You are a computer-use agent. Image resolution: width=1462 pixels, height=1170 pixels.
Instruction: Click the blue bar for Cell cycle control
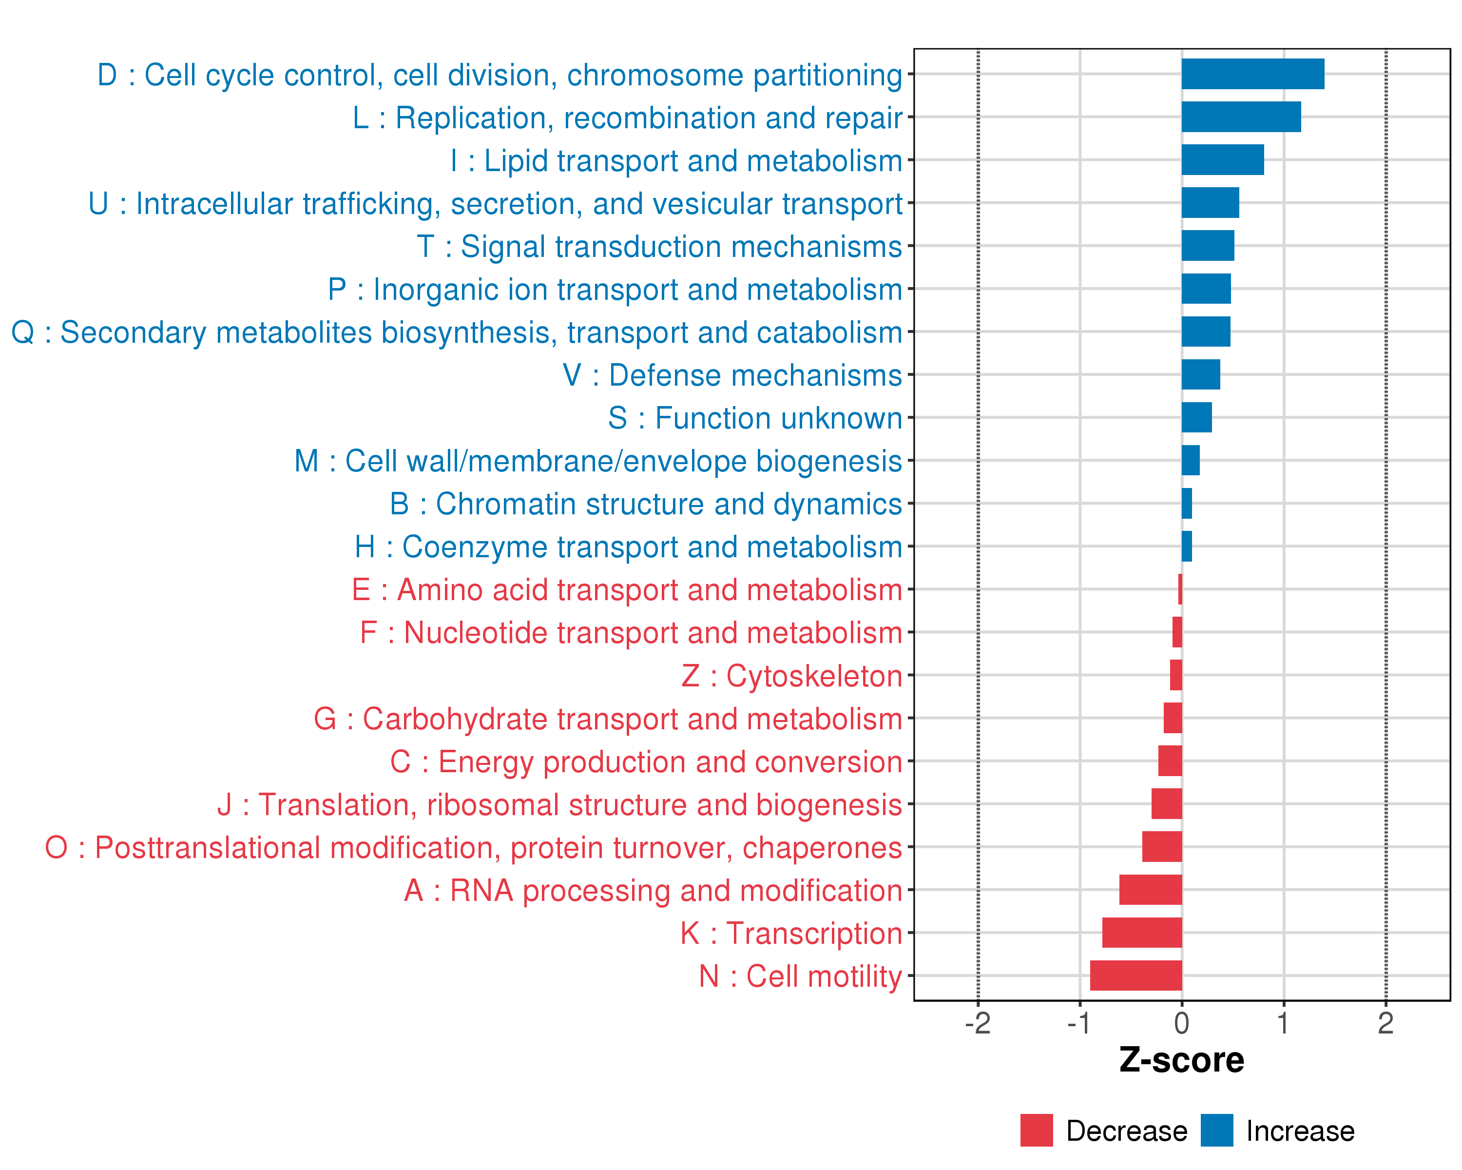(x=1252, y=74)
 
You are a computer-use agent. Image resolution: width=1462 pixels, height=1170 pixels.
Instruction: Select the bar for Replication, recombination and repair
(x=1241, y=117)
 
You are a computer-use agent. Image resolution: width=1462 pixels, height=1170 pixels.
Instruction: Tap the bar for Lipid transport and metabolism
(x=1223, y=160)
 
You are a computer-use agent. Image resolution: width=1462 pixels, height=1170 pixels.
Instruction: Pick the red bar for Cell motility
(x=1136, y=975)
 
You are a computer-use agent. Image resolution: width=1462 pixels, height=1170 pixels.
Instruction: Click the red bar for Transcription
(x=1142, y=933)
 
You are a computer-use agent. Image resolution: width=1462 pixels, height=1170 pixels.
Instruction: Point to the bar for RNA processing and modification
(x=1151, y=890)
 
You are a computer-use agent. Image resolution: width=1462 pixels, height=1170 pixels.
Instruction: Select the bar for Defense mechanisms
(x=1201, y=374)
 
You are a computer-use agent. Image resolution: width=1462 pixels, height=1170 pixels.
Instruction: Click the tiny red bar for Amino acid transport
(x=1180, y=589)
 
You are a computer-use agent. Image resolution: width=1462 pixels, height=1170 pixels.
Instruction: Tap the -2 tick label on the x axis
(x=978, y=1023)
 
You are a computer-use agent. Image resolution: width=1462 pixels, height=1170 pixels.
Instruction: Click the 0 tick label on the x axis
(x=1182, y=1023)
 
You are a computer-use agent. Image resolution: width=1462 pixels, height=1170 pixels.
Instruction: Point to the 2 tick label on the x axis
(x=1385, y=1023)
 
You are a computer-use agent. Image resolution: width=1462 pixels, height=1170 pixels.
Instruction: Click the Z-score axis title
(x=1182, y=1061)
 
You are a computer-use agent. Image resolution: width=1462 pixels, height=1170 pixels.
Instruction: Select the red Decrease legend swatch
(x=1036, y=1131)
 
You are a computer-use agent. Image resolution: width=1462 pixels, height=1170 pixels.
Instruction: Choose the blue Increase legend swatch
(x=1216, y=1131)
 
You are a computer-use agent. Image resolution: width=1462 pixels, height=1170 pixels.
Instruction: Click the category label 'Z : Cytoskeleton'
(x=791, y=676)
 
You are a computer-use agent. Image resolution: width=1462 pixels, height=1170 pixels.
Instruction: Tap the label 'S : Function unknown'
(x=755, y=418)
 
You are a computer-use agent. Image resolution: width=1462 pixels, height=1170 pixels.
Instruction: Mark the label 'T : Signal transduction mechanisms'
(x=659, y=247)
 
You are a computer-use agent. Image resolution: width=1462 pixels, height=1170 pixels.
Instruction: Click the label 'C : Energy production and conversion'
(x=646, y=761)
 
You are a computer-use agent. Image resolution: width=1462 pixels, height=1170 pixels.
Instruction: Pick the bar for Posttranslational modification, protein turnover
(x=1162, y=846)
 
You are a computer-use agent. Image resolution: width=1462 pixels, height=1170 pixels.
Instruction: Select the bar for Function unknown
(x=1197, y=417)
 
